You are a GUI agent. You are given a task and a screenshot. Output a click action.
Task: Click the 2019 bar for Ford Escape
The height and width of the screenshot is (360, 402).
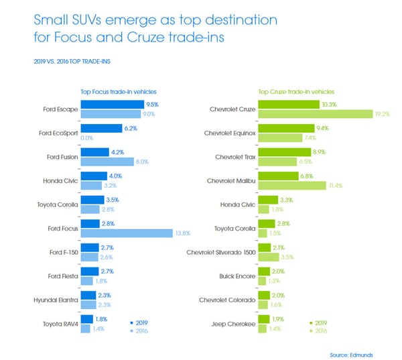pyautogui.click(x=113, y=105)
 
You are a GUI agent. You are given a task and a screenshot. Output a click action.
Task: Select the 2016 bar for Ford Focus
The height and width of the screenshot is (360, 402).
pyautogui.click(x=127, y=233)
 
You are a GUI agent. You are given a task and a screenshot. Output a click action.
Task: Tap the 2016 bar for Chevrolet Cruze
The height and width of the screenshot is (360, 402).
pyautogui.click(x=316, y=114)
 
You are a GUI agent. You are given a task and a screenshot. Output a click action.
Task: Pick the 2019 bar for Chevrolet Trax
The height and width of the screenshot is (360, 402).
pyautogui.click(x=285, y=152)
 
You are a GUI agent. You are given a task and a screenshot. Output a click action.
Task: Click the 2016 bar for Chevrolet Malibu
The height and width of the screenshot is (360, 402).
pyautogui.click(x=292, y=186)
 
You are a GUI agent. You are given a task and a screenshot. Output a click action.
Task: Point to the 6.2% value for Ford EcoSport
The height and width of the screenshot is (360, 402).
pyautogui.click(x=131, y=128)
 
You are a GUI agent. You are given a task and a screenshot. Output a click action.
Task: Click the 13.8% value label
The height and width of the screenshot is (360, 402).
pyautogui.click(x=183, y=233)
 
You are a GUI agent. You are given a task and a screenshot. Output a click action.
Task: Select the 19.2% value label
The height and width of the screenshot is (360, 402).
pyautogui.click(x=383, y=114)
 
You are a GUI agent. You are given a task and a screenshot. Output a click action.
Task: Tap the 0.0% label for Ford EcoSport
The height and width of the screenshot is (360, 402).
pyautogui.click(x=87, y=138)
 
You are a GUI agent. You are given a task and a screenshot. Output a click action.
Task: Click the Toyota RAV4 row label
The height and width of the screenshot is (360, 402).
pyautogui.click(x=60, y=324)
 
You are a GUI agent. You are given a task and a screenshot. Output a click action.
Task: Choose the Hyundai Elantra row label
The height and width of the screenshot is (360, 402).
pyautogui.click(x=56, y=300)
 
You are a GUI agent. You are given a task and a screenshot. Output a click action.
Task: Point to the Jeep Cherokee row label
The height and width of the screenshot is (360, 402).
pyautogui.click(x=234, y=324)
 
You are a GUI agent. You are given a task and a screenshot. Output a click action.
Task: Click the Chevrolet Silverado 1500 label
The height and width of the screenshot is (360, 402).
pyautogui.click(x=221, y=253)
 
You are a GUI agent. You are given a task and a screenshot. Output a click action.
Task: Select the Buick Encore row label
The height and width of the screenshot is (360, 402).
pyautogui.click(x=237, y=276)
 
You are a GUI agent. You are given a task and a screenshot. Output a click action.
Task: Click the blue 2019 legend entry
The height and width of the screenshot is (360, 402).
pyautogui.click(x=139, y=323)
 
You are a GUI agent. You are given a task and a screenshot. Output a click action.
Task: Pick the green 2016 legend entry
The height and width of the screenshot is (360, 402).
pyautogui.click(x=318, y=331)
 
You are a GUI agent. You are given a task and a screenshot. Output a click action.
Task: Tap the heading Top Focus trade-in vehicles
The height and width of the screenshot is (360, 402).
pyautogui.click(x=119, y=92)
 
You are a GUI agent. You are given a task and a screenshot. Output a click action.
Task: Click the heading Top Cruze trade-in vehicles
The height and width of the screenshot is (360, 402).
pyautogui.click(x=296, y=92)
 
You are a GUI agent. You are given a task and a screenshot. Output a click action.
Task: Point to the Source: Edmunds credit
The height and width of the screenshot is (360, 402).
pyautogui.click(x=351, y=355)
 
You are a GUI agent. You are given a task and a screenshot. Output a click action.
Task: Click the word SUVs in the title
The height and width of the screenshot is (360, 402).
pyautogui.click(x=86, y=20)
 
